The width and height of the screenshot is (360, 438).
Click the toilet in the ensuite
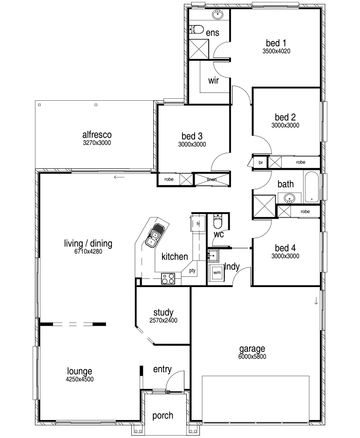[x=197, y=29]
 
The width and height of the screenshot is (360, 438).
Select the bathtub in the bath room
[x=311, y=186]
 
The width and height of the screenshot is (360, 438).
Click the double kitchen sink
[x=154, y=235]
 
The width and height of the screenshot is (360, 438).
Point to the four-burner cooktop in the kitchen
[x=168, y=278]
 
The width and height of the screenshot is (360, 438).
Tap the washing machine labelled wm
[x=216, y=273]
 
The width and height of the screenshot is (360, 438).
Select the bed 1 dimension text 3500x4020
[x=276, y=51]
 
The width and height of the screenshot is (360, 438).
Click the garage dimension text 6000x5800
[x=252, y=356]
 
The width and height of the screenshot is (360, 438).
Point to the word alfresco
[x=97, y=135]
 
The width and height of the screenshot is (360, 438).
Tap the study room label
[x=163, y=312]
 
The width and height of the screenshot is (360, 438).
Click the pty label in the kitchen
[x=192, y=271]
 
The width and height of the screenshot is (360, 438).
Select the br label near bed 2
[x=261, y=162]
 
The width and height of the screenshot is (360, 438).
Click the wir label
[x=214, y=80]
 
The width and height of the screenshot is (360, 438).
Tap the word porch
[x=162, y=416]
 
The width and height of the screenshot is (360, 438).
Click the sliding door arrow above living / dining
[x=119, y=177]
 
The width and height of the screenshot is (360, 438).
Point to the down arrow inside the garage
[x=316, y=301]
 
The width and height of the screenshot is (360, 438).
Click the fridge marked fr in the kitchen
[x=198, y=223]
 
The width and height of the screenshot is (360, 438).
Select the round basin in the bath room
[x=289, y=199]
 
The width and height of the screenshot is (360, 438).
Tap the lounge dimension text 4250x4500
[x=80, y=379]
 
